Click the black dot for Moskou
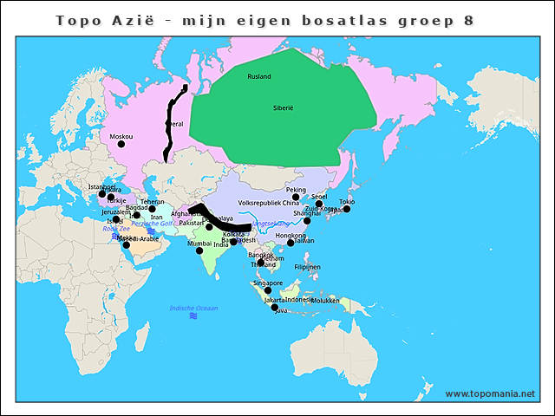pos(121,144)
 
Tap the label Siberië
pos(283,107)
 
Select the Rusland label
pos(258,76)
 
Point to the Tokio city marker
pos(347,209)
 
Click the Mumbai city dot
pos(199,251)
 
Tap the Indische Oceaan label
pos(193,308)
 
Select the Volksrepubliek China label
pos(268,203)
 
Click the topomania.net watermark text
pos(490,393)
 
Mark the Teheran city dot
pos(152,209)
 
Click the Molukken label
pos(323,301)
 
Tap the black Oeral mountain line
pos(171,126)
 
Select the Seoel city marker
pos(319,204)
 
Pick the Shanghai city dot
pos(307,220)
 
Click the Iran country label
pos(156,218)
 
